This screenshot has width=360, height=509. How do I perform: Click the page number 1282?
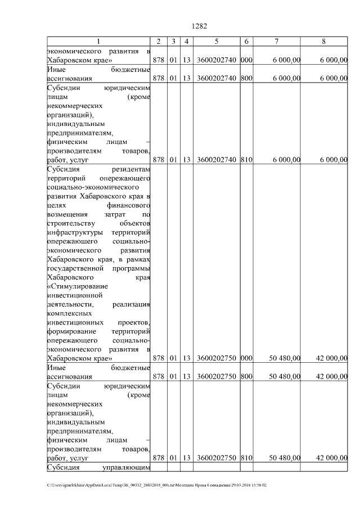200,26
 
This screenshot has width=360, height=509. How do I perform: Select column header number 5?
216,42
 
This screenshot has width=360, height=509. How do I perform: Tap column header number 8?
323,42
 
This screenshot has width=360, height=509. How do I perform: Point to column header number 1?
98,42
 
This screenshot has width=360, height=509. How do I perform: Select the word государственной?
73,268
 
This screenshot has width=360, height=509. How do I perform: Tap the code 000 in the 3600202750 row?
246,358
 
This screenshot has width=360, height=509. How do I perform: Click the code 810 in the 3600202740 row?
246,160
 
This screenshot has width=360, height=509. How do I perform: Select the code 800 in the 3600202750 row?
246,376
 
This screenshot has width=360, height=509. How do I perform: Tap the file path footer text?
157,484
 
